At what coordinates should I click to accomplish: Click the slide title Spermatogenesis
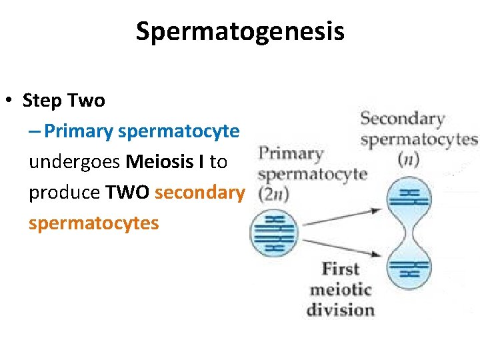240,31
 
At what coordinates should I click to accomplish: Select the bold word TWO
127,192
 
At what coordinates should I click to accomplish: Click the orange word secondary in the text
199,192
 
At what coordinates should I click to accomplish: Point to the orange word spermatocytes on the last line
93,223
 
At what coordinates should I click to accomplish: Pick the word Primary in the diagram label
290,154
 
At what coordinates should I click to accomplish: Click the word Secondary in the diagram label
402,120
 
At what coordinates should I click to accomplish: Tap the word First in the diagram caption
340,269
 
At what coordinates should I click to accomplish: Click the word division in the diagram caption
340,310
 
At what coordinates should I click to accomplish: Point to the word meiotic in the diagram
340,290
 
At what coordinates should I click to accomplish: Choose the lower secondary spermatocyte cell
409,267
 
